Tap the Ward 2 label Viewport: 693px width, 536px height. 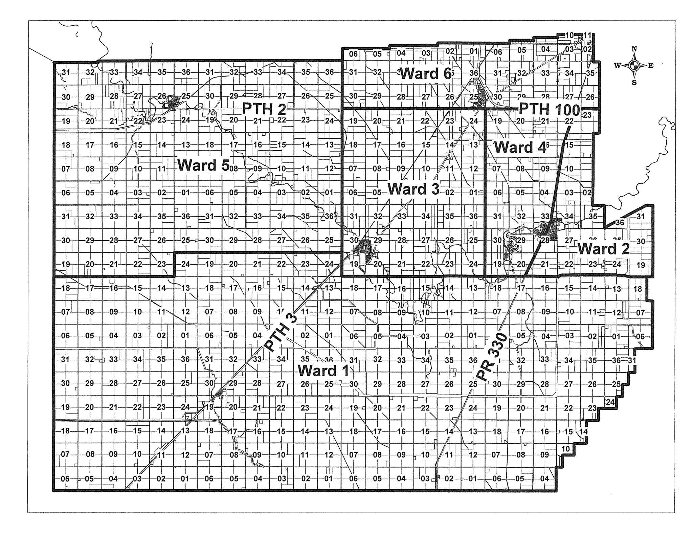click(603, 249)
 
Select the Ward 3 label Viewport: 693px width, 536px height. click(413, 189)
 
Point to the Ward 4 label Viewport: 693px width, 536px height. click(520, 147)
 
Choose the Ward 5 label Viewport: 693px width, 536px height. click(203, 165)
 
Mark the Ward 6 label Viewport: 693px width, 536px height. click(426, 73)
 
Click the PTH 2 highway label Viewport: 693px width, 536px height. click(264, 109)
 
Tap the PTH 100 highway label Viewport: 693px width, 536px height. click(549, 109)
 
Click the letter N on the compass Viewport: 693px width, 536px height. click(634, 49)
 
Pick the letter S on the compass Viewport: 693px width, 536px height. click(634, 82)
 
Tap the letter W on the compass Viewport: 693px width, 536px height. click(618, 66)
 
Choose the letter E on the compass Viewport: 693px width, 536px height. click(650, 66)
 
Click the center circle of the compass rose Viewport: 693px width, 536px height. click(634, 66)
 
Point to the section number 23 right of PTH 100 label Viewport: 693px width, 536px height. click(587, 115)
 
